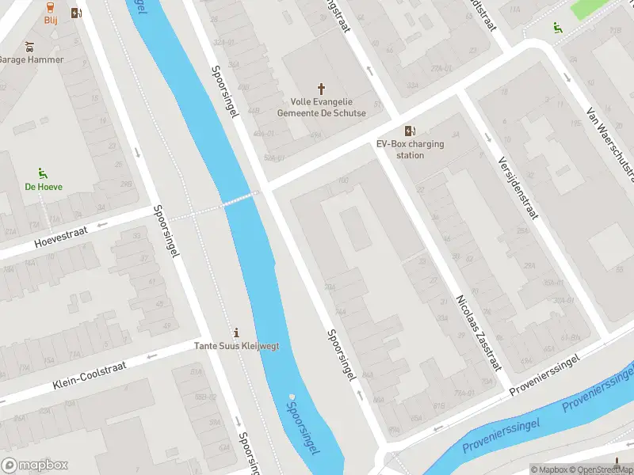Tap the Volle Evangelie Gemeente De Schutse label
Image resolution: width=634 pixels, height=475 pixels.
tap(321, 108)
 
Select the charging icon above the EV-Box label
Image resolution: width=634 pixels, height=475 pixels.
tap(410, 131)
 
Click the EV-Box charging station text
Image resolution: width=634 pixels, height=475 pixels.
tap(410, 150)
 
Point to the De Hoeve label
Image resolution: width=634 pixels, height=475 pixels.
tap(44, 187)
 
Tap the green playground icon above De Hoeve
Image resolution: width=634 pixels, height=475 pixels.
tap(43, 173)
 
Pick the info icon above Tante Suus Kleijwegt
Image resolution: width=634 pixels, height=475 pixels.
tap(235, 332)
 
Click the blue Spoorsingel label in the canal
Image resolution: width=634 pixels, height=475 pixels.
tap(304, 425)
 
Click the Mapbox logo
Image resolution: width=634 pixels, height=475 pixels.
tap(35, 465)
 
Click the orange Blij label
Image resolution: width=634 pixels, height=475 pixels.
tap(51, 21)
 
